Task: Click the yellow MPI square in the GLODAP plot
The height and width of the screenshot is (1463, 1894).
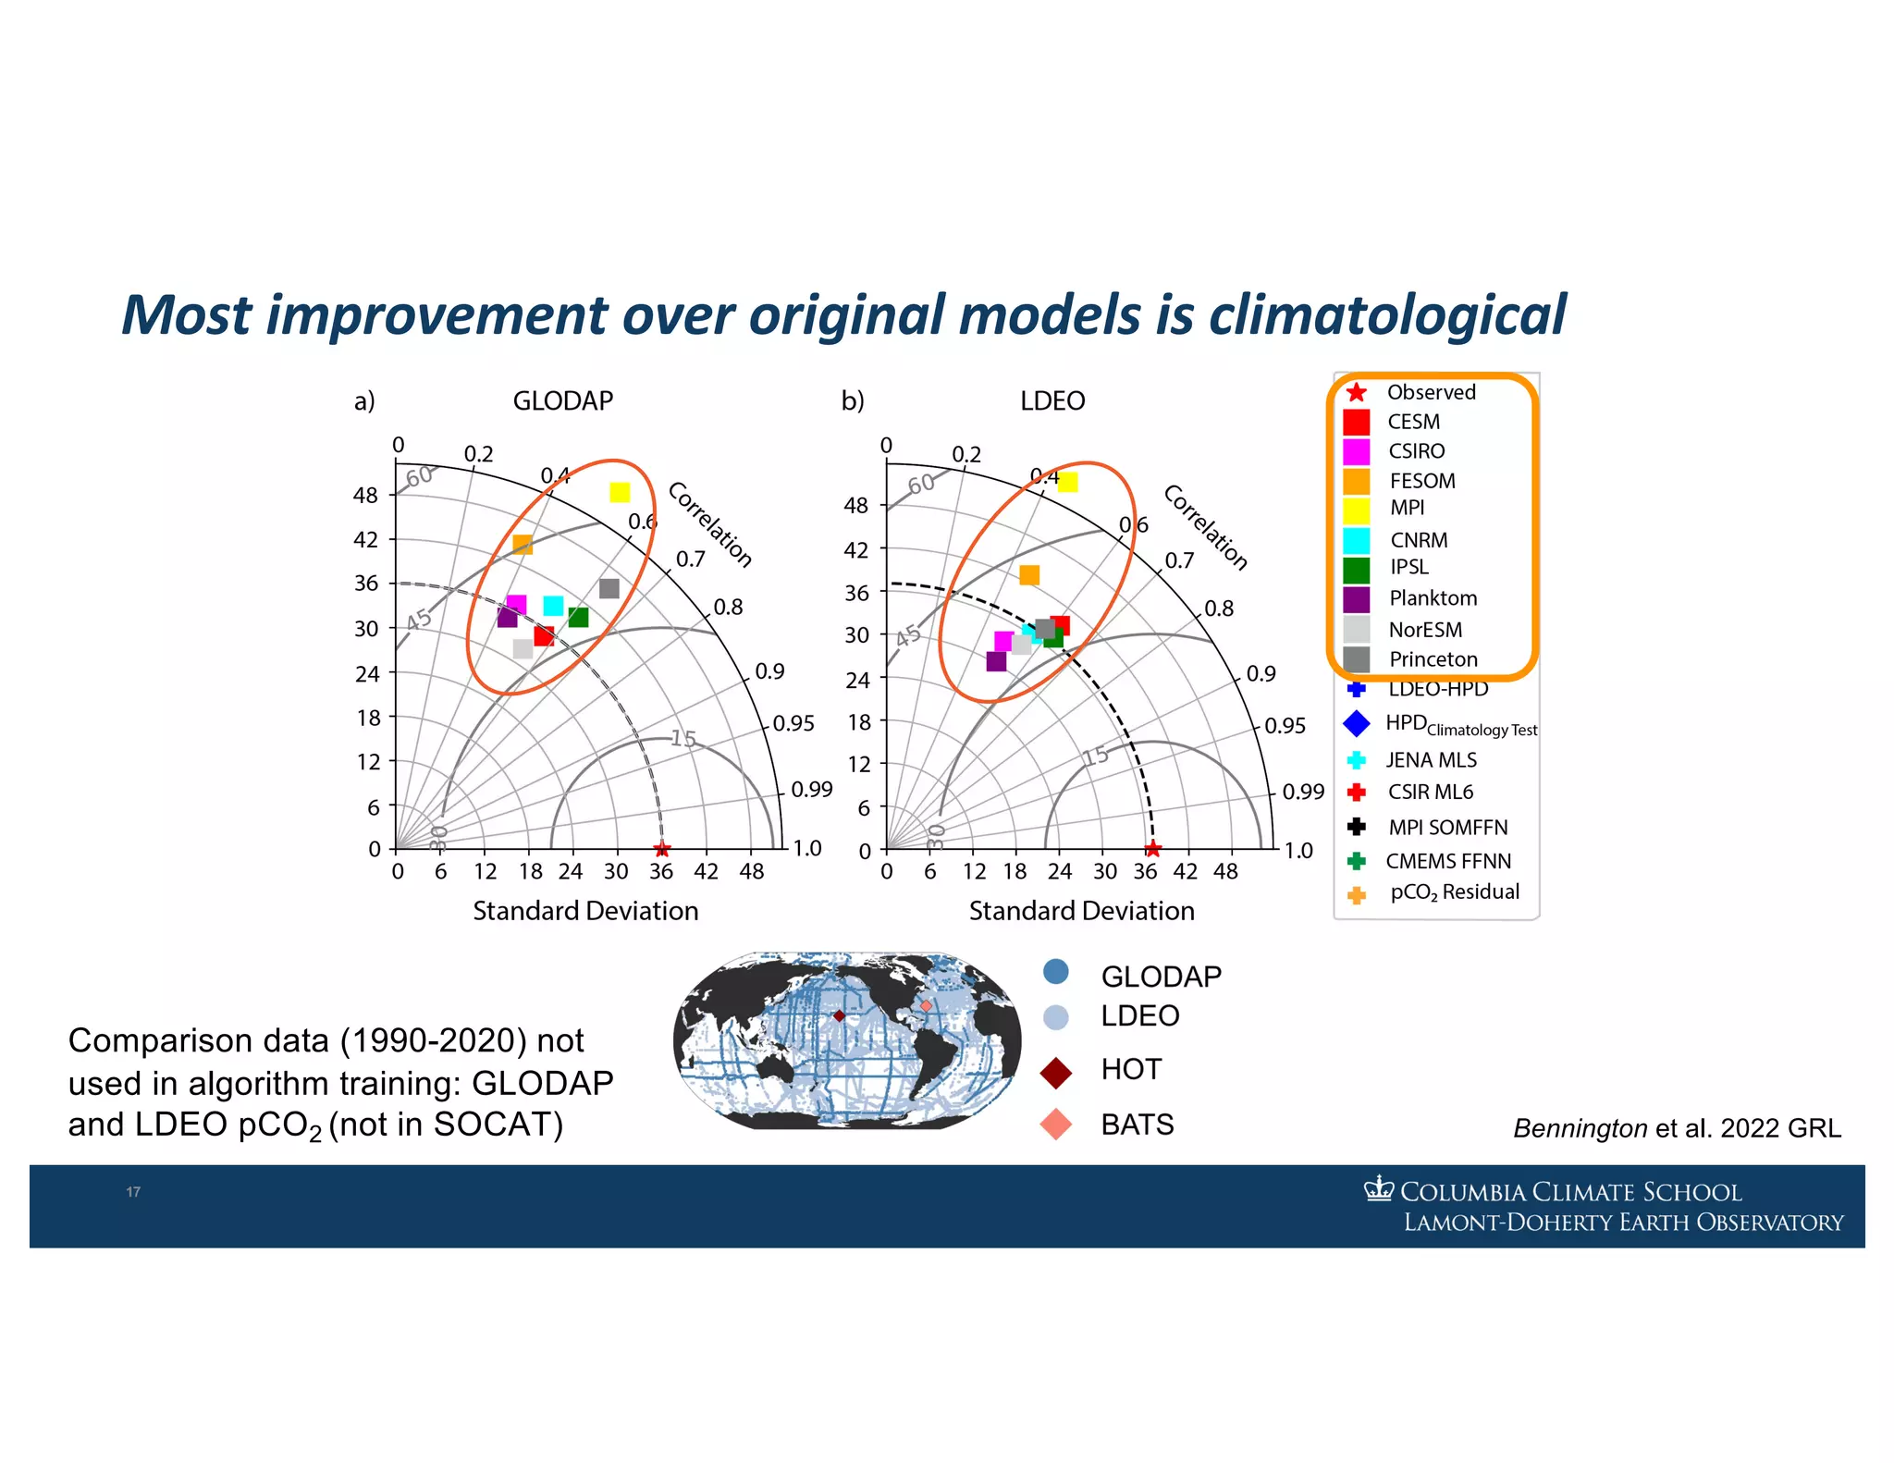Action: tap(620, 492)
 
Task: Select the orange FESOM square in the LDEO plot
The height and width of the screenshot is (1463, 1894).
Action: tap(1029, 575)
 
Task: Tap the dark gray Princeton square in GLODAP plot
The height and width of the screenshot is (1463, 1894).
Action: tap(609, 588)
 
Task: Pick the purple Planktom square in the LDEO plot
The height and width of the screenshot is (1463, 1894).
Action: tap(996, 661)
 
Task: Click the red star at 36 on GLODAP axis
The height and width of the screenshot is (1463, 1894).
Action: tap(661, 849)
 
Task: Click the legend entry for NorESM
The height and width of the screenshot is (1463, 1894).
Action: tap(1424, 630)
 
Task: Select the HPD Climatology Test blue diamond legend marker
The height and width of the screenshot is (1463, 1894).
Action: tap(1356, 724)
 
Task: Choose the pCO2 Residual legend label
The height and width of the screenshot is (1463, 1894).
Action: tap(1454, 892)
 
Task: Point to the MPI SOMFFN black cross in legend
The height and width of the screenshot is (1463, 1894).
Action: tap(1356, 827)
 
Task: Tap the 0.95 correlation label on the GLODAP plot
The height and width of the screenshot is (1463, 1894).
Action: tap(793, 723)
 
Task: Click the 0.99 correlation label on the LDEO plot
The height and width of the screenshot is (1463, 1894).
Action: tap(1302, 792)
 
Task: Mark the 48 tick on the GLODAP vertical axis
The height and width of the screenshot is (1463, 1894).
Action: tap(365, 496)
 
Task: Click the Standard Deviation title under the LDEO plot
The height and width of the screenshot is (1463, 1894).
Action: tap(1081, 911)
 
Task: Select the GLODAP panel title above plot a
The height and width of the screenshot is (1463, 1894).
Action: tap(562, 400)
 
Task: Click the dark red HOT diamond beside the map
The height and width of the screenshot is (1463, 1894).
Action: tap(1055, 1073)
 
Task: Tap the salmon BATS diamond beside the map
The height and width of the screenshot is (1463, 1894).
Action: tap(1055, 1125)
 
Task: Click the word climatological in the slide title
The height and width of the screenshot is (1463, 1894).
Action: tap(1386, 315)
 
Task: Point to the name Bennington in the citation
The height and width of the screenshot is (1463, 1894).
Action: tap(1580, 1128)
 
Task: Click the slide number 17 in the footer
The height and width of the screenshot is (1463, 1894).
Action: tap(133, 1192)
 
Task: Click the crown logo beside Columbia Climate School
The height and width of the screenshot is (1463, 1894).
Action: tap(1378, 1189)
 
